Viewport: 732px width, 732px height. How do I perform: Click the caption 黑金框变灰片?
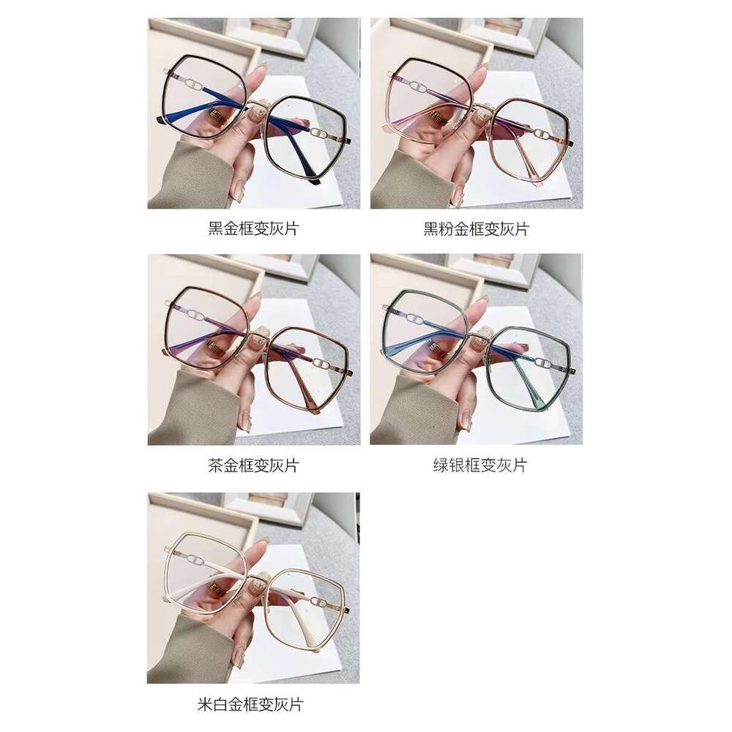pyautogui.click(x=253, y=228)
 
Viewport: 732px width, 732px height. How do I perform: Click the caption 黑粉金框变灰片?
pyautogui.click(x=477, y=228)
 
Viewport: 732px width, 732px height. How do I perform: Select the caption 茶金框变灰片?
pyautogui.click(x=253, y=465)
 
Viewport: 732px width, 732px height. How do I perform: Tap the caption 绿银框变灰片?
pyautogui.click(x=480, y=465)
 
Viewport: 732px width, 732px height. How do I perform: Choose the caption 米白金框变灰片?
pyautogui.click(x=250, y=704)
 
